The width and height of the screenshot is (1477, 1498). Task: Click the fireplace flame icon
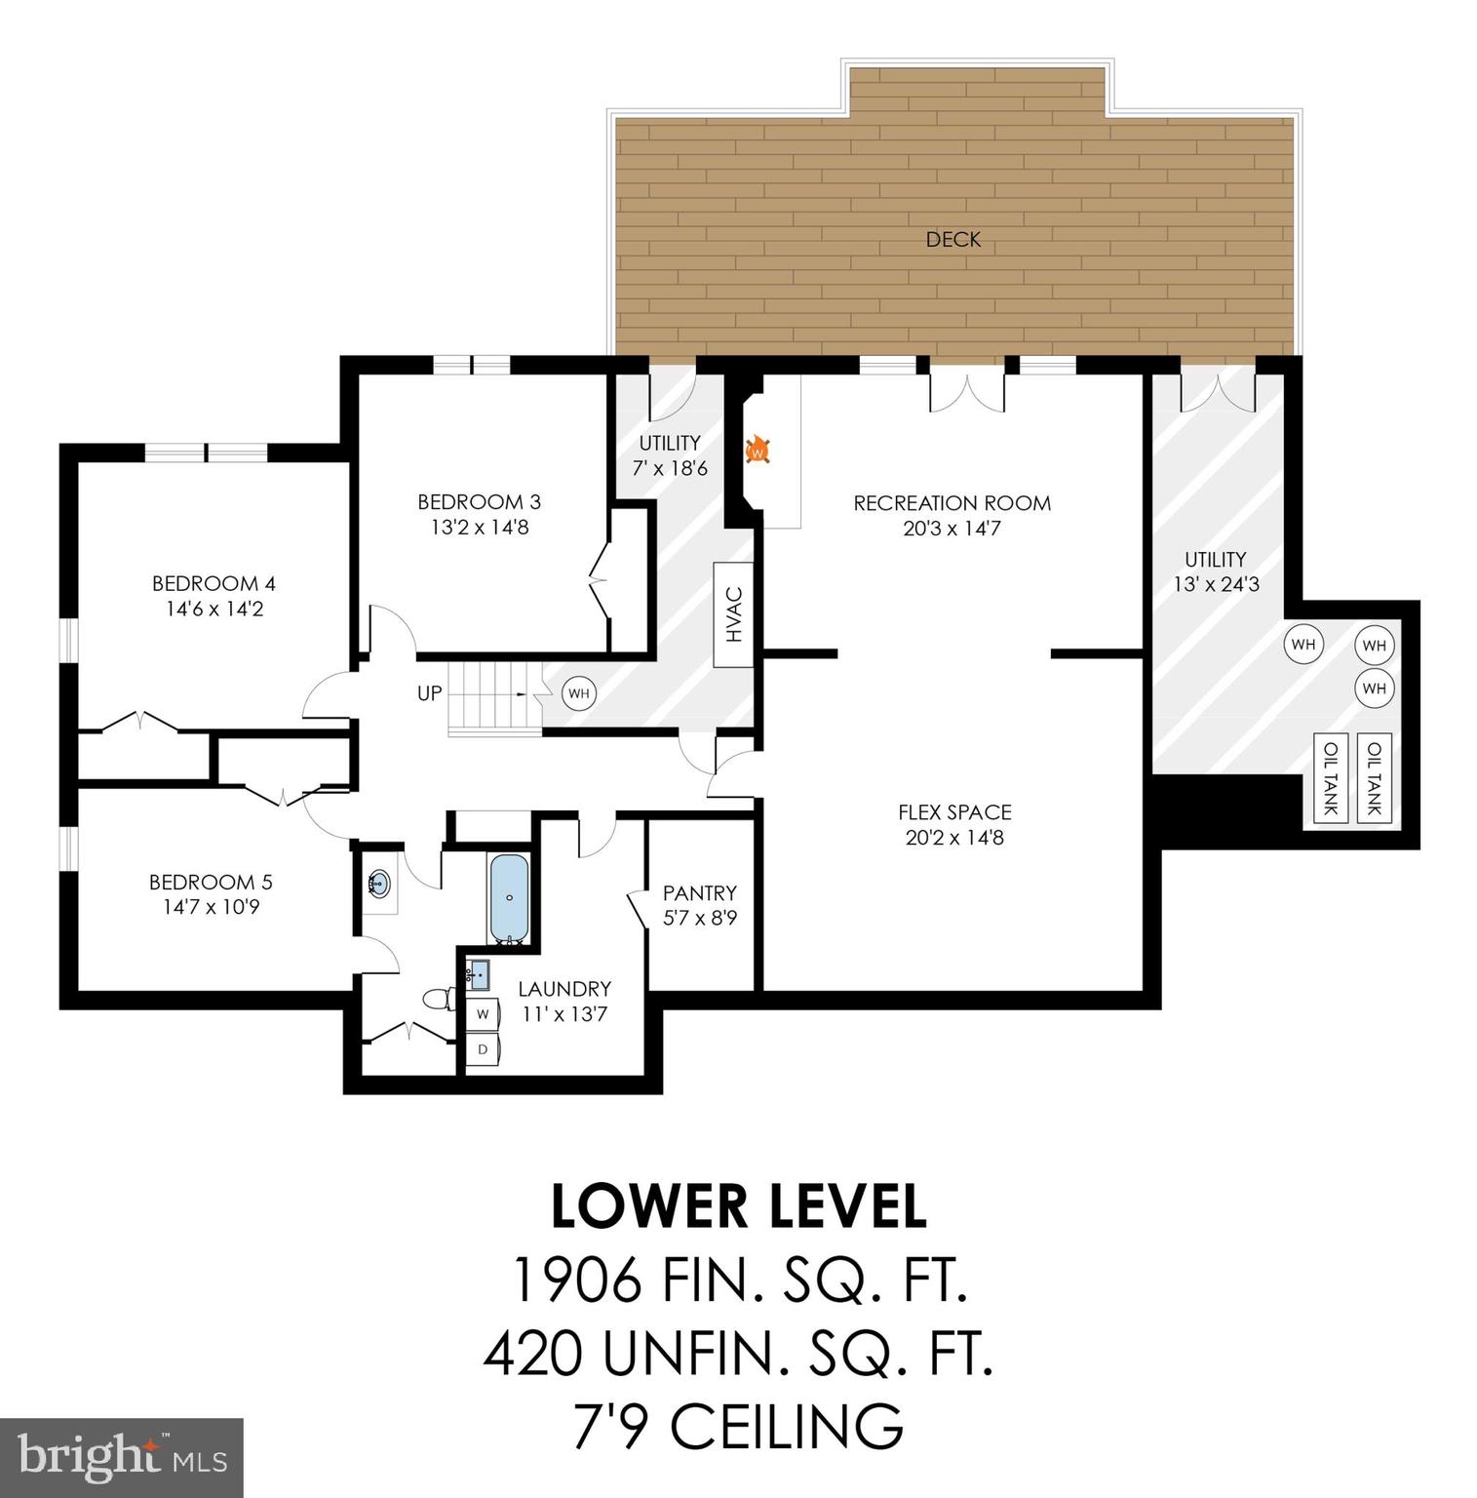point(758,451)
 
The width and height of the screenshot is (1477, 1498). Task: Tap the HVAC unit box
point(734,614)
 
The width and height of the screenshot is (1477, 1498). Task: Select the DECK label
point(952,239)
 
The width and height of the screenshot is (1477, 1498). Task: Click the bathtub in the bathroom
point(509,898)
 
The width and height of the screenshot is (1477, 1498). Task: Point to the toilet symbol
point(439,999)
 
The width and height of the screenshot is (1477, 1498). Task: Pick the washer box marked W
point(482,1014)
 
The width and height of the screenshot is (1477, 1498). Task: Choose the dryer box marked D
point(482,1049)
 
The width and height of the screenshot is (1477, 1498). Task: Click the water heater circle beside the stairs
point(578,694)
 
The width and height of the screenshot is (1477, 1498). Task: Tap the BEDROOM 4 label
point(214,583)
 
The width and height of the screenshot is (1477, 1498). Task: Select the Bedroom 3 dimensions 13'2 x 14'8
point(479,528)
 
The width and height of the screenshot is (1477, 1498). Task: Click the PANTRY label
point(699,892)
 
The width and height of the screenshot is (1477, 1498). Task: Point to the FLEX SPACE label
point(954,811)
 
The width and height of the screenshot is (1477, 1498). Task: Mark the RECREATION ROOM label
point(952,503)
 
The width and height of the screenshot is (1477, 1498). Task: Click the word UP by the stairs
point(429,693)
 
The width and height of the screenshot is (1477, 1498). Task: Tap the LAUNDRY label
point(564,988)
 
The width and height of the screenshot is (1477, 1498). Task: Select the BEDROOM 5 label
point(211,882)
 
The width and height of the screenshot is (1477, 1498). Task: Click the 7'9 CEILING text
point(738,1426)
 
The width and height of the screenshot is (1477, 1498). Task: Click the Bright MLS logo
point(121,1457)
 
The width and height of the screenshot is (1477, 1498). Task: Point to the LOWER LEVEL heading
point(738,1206)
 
